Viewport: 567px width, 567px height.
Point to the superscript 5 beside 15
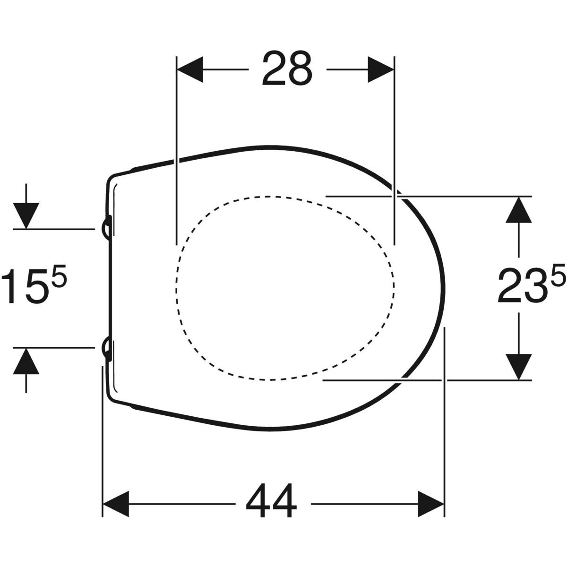tap(59, 273)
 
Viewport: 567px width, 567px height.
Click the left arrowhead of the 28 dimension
tap(190, 69)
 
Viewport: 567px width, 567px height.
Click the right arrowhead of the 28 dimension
tap(381, 69)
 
